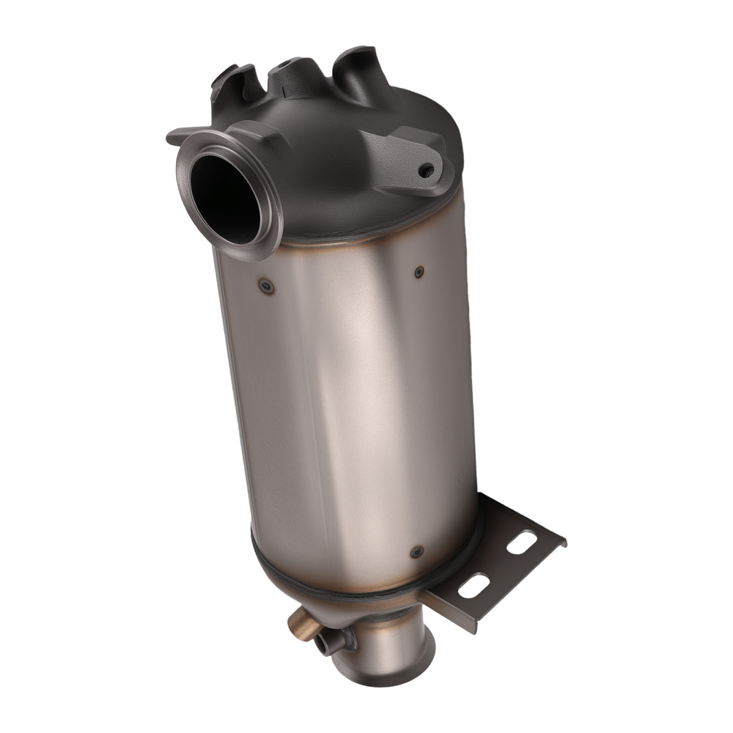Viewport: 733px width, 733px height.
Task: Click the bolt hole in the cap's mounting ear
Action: pyautogui.click(x=426, y=169)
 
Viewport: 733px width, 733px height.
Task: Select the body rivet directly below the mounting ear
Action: pyautogui.click(x=419, y=272)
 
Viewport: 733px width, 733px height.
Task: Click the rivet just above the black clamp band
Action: pyautogui.click(x=417, y=551)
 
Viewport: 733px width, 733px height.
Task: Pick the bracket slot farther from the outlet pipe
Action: pyautogui.click(x=521, y=543)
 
